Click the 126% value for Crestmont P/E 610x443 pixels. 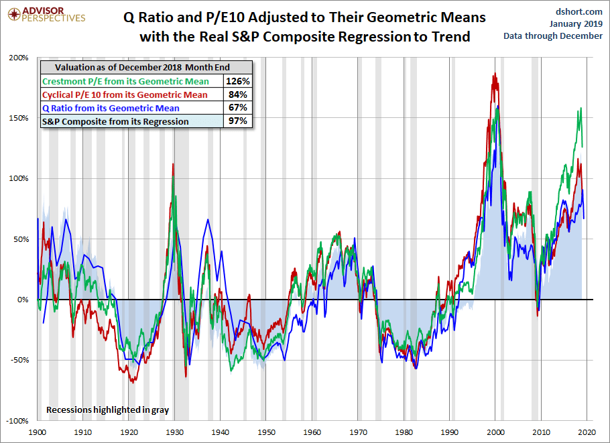click(239, 81)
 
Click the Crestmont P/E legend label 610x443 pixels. click(125, 81)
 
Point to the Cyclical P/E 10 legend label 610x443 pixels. click(125, 94)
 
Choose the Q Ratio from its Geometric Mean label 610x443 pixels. click(111, 107)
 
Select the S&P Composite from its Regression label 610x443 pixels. click(115, 121)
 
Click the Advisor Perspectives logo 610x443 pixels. click(45, 13)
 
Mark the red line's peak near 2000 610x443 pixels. click(495, 74)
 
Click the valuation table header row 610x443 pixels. click(146, 68)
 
